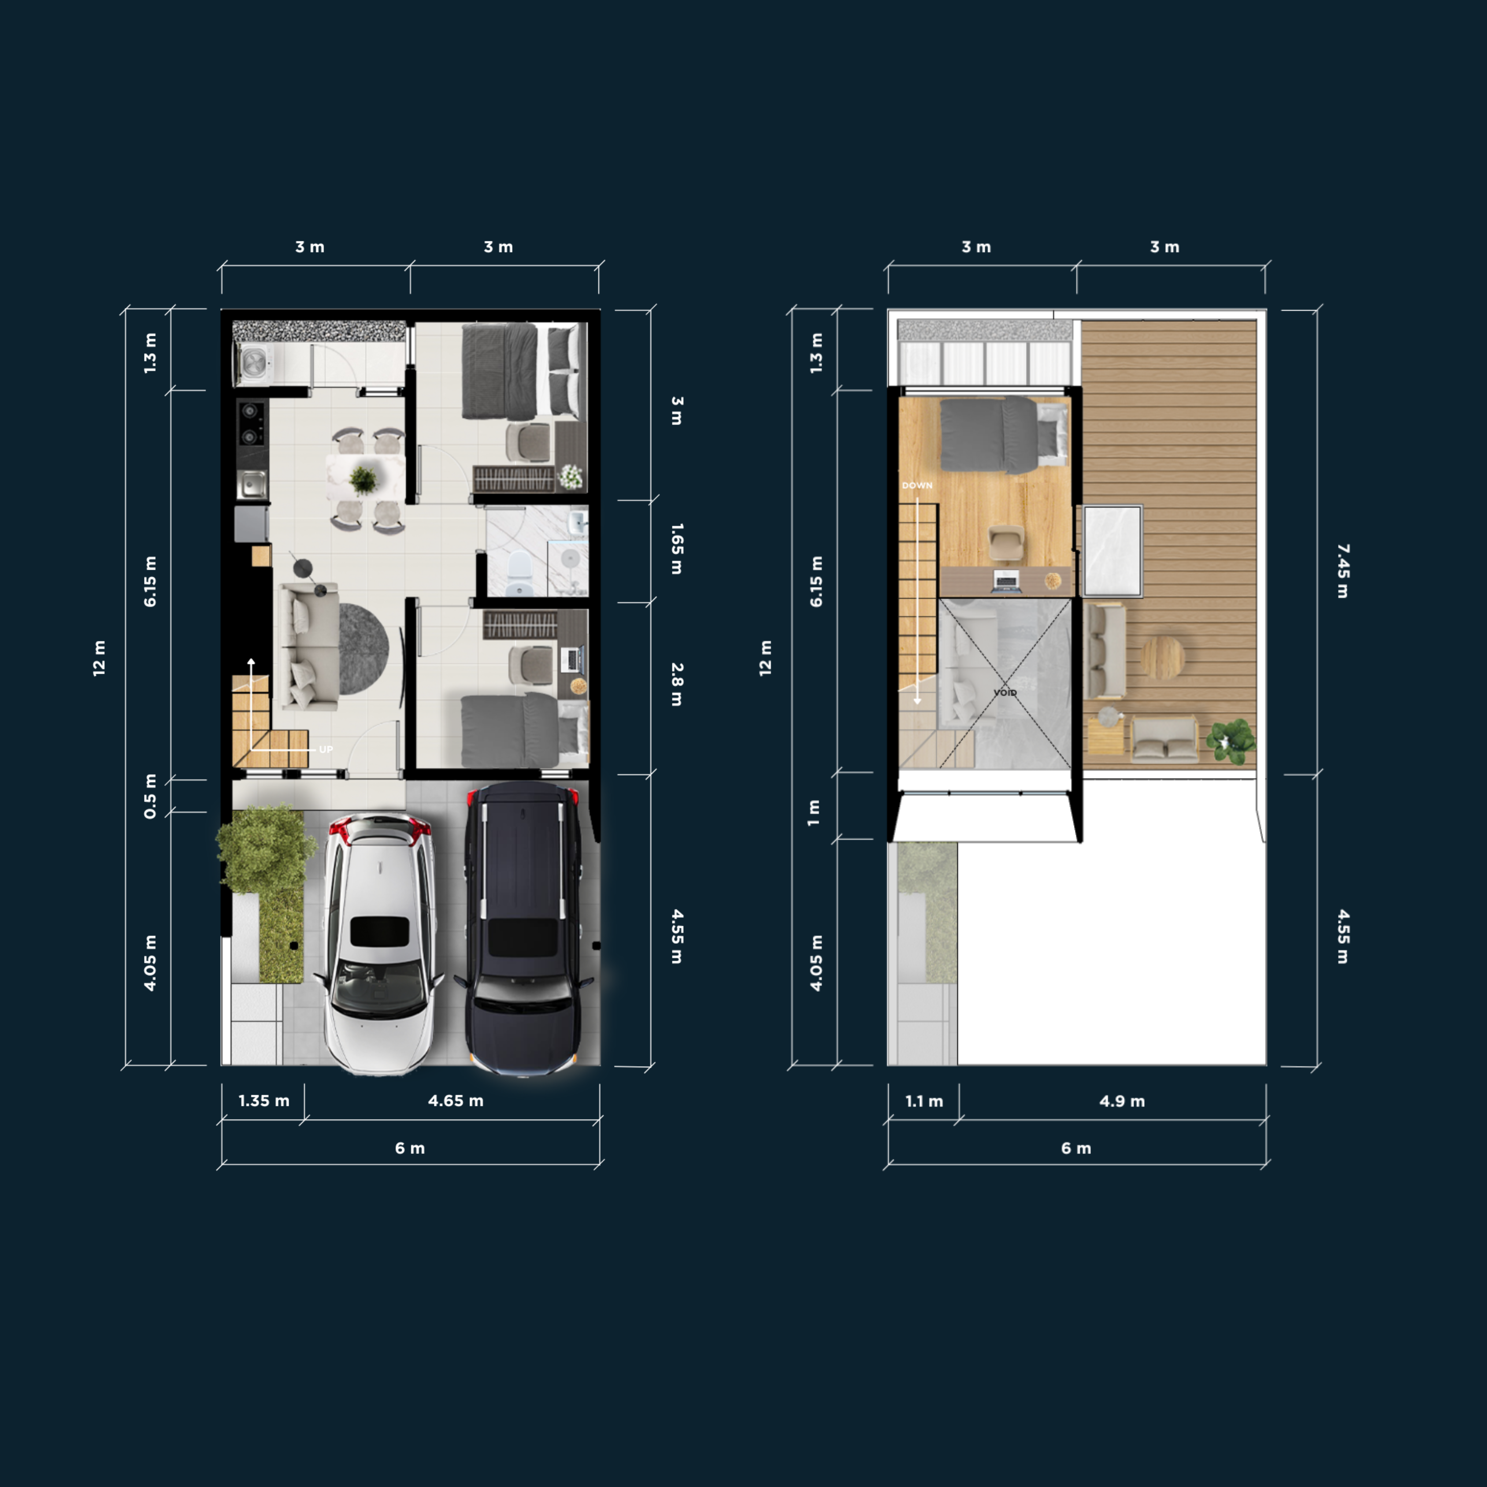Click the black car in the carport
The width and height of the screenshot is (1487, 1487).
click(x=523, y=927)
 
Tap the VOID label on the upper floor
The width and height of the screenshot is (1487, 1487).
click(x=1005, y=693)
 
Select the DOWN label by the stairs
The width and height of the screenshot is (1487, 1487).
click(x=917, y=486)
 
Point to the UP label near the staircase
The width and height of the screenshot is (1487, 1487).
click(x=326, y=749)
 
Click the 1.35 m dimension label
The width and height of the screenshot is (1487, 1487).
click(x=264, y=1101)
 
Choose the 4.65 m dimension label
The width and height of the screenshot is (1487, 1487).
click(x=456, y=1101)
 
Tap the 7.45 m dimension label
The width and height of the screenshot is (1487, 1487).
click(x=1343, y=571)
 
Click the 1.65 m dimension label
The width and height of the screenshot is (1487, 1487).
click(x=677, y=549)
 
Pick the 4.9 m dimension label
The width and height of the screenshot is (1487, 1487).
click(x=1122, y=1101)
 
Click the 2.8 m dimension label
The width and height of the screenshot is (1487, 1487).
click(x=677, y=684)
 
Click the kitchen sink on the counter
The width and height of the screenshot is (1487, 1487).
click(x=252, y=485)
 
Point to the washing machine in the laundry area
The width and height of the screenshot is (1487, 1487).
click(x=254, y=363)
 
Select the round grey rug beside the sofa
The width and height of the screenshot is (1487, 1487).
click(x=363, y=649)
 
